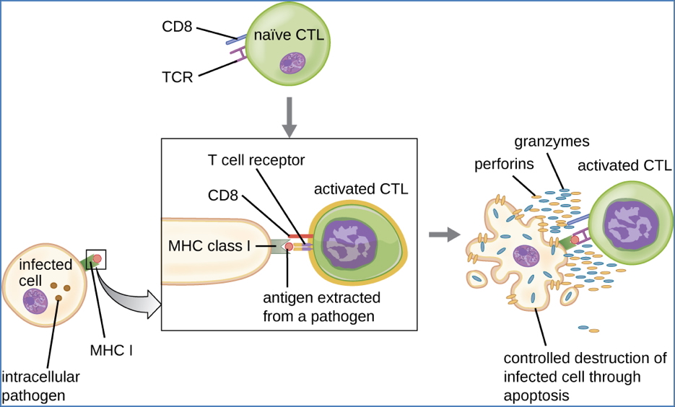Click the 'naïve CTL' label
(288, 35)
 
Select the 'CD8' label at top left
(178, 27)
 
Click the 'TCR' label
(178, 76)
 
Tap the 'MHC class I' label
(209, 246)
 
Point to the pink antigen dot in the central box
(289, 247)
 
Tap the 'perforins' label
(504, 164)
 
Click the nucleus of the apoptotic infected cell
(525, 256)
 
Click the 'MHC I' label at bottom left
(111, 351)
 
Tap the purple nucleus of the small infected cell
(35, 301)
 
